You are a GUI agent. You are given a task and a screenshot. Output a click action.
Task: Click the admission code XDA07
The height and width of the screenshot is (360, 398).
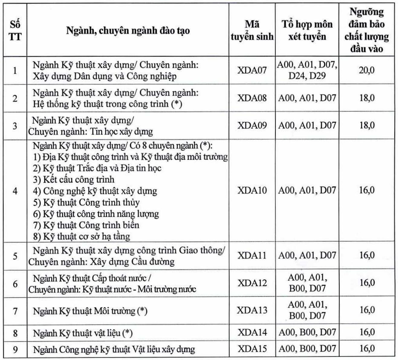(252, 70)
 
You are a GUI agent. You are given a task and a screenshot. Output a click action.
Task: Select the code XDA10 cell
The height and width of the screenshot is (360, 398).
(252, 190)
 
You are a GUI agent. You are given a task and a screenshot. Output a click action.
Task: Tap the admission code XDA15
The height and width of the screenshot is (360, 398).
(252, 349)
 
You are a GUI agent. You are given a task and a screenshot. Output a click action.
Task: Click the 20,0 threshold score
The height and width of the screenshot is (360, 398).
(367, 70)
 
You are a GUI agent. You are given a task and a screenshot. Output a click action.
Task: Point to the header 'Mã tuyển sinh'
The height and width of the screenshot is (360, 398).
(252, 30)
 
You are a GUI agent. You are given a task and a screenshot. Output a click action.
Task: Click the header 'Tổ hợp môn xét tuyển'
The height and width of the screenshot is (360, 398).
(307, 30)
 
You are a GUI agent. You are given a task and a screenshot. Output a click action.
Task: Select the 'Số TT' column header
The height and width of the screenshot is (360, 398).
(15, 30)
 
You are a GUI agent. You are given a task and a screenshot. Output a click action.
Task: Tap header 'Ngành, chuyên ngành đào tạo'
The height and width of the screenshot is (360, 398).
(128, 31)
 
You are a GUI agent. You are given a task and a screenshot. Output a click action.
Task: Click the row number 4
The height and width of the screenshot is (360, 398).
(15, 191)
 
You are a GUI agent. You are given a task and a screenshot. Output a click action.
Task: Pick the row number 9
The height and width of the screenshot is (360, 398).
(15, 350)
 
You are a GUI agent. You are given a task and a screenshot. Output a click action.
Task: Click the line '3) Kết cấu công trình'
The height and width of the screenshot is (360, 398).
(74, 179)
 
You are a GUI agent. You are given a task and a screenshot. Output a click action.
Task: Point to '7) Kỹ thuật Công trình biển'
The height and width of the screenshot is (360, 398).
(86, 225)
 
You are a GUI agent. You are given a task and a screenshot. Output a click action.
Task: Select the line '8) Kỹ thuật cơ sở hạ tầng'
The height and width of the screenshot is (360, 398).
(82, 236)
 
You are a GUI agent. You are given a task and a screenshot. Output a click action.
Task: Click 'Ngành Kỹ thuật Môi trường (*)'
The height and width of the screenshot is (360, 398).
(90, 311)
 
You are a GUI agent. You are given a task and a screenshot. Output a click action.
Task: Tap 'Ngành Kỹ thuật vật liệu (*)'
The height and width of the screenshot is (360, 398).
(83, 333)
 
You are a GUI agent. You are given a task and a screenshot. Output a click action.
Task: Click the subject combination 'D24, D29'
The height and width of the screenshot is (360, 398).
(307, 76)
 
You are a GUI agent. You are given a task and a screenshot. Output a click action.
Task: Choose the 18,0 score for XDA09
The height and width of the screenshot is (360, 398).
(367, 125)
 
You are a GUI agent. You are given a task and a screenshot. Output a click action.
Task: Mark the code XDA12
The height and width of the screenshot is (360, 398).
(252, 283)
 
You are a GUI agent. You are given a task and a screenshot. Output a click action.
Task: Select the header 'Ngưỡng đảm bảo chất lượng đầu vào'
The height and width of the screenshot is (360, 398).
(367, 30)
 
